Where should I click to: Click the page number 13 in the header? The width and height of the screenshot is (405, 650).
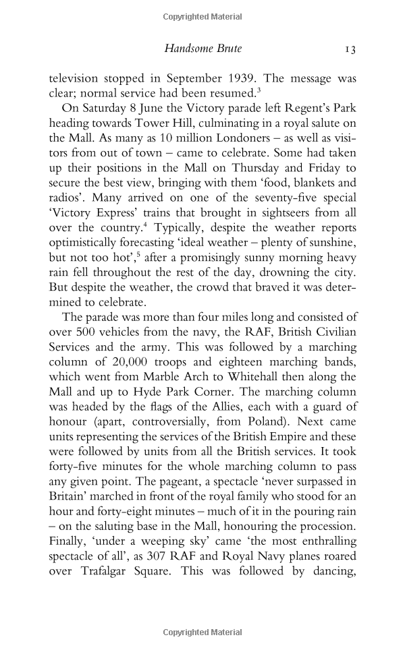pos(350,49)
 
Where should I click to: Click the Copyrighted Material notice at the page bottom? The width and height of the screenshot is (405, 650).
pos(202,632)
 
